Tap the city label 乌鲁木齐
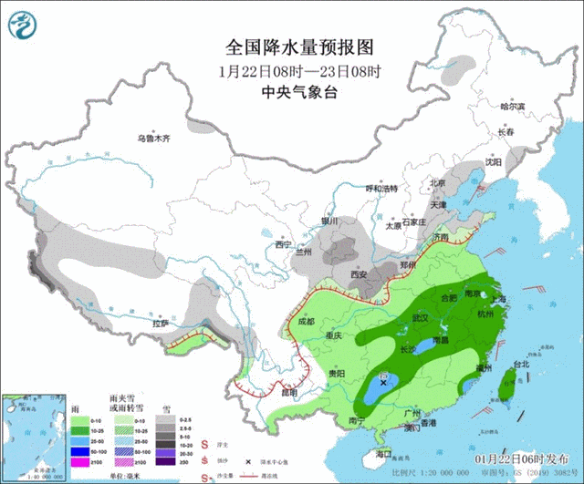(153, 139)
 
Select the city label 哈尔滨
(513, 107)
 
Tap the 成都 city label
(305, 321)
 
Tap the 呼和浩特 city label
(382, 189)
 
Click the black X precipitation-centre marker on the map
(383, 384)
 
